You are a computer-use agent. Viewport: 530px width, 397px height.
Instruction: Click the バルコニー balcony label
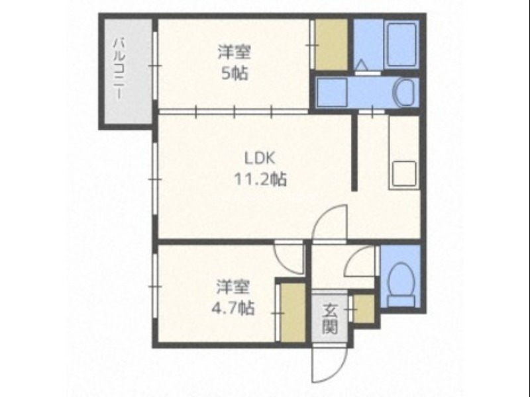click(119, 69)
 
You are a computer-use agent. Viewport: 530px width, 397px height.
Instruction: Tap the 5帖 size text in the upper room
click(235, 73)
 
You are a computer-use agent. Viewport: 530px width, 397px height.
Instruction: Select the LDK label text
click(260, 158)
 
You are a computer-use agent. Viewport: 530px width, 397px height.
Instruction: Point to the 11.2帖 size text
click(260, 179)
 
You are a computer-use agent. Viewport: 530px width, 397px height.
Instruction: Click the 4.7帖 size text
click(233, 308)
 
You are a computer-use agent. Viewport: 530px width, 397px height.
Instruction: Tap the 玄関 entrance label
click(329, 319)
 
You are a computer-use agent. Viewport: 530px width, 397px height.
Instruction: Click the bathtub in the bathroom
click(401, 45)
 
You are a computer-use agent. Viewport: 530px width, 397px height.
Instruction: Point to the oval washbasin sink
click(404, 93)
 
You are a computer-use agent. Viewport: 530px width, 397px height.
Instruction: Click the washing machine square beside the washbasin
click(332, 93)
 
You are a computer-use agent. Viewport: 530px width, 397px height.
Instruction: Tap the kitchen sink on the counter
click(404, 173)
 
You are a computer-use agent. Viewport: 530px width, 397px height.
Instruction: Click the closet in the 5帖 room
click(331, 44)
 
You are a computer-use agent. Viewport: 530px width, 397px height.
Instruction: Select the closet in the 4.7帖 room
click(293, 312)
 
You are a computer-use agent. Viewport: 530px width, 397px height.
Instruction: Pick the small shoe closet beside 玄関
click(364, 308)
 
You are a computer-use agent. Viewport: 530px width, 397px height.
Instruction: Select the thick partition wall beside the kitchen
click(354, 153)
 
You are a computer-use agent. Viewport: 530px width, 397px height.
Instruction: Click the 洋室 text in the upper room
click(235, 52)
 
